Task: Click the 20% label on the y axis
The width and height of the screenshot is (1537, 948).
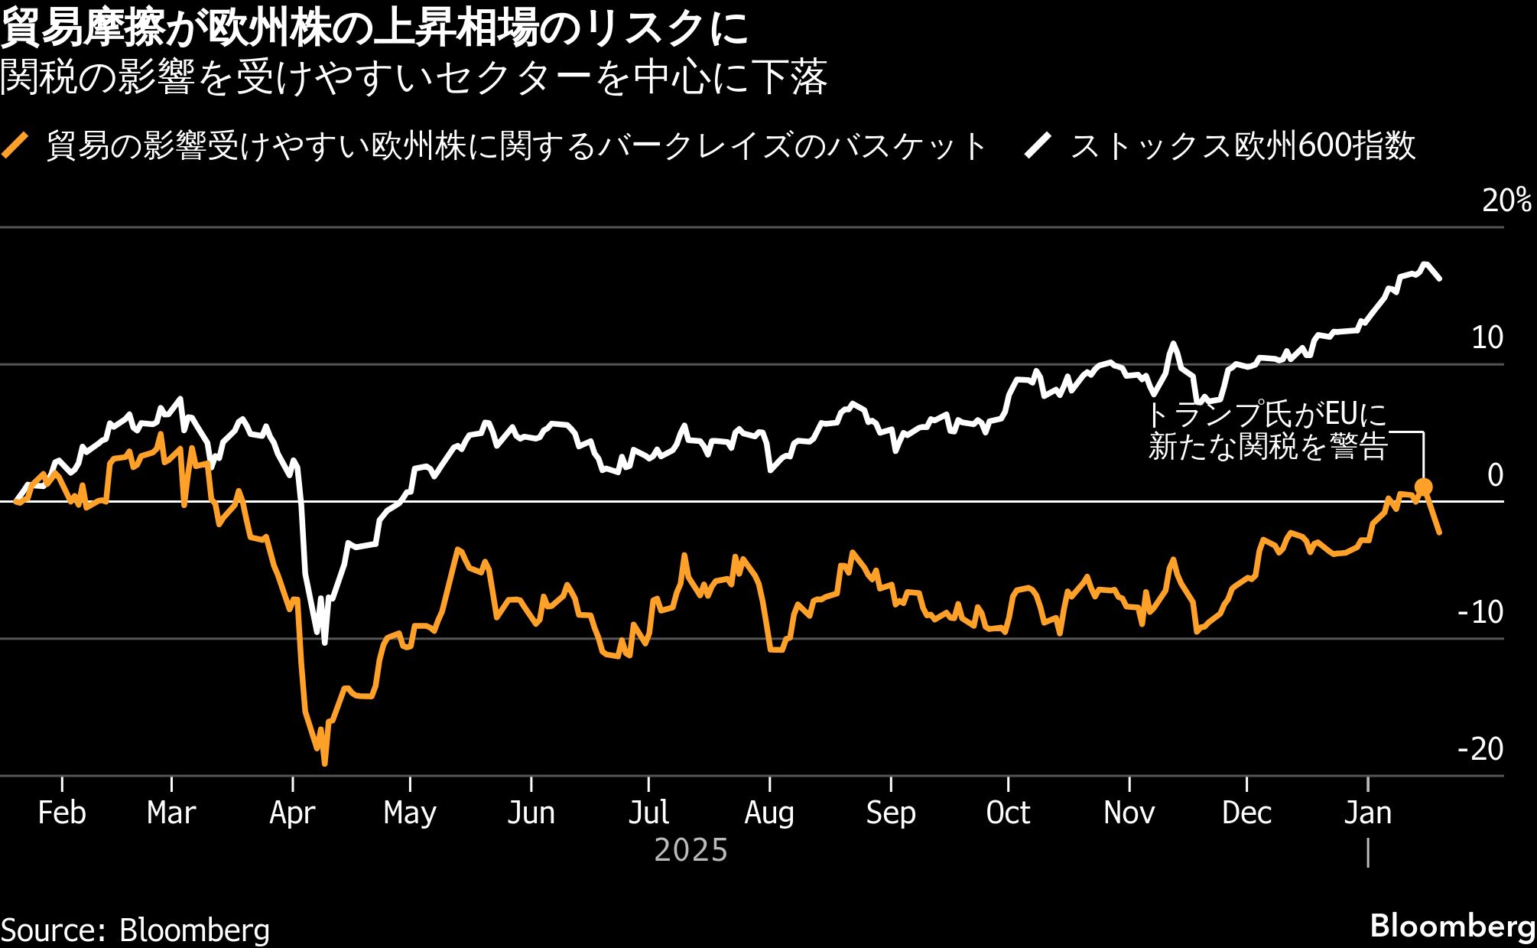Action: (1506, 200)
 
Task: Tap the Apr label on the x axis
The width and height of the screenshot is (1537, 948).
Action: (292, 813)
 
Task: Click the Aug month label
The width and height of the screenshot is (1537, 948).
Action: (769, 813)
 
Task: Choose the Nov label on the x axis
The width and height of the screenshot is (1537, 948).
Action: (1129, 813)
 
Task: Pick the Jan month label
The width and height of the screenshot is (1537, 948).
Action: (1367, 813)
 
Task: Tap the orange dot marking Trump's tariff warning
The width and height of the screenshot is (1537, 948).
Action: (1423, 487)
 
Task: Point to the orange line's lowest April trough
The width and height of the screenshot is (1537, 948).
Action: (324, 762)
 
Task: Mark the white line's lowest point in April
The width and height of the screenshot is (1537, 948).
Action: (324, 642)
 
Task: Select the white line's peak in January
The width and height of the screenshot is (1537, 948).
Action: (1425, 265)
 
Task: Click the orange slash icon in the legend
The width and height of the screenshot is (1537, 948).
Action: (16, 145)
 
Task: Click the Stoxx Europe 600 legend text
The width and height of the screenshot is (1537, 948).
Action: (1243, 145)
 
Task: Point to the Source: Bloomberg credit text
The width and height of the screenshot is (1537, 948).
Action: (135, 930)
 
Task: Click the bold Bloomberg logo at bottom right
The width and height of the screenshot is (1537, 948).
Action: (1452, 926)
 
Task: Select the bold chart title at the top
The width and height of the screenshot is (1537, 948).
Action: (375, 29)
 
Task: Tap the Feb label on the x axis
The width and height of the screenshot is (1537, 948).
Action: (61, 813)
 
